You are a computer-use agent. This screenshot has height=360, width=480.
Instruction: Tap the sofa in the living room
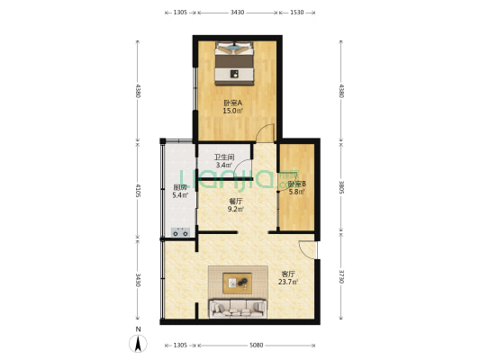point(238,309)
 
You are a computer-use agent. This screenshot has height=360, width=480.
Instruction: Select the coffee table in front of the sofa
point(240,283)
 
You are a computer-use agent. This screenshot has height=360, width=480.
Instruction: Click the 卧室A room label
point(232,103)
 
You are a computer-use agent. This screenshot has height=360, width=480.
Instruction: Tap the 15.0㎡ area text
point(232,112)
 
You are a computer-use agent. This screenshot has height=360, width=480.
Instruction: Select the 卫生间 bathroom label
point(223,157)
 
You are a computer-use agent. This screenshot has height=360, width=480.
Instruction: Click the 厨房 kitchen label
point(179,187)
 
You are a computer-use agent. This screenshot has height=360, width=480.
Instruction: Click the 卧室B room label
point(296,184)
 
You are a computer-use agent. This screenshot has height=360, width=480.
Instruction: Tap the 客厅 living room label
point(288,274)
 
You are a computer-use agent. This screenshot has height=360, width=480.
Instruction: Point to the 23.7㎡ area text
point(288,283)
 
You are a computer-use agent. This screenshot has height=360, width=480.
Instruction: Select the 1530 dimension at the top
point(296,13)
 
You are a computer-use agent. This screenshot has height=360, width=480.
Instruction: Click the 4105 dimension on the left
point(137,190)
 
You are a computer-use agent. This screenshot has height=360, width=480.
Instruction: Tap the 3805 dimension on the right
point(340,187)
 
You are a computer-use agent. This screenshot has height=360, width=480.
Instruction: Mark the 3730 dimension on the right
point(340,279)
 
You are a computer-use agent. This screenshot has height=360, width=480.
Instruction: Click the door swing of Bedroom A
point(265,134)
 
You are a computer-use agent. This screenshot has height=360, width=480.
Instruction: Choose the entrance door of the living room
point(309,251)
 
